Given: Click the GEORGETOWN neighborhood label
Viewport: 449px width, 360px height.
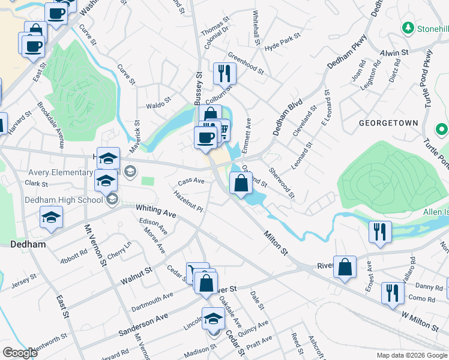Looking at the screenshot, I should tap(388, 122).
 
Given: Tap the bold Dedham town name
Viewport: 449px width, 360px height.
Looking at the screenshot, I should tap(28, 245).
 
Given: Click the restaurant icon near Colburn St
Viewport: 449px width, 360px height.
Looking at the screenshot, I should tap(224, 74).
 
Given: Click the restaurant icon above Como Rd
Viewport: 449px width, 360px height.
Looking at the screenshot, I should tap(393, 293).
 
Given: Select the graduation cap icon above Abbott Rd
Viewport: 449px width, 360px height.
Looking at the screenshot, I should tap(52, 217).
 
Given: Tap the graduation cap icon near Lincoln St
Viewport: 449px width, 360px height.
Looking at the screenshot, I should tap(213, 318).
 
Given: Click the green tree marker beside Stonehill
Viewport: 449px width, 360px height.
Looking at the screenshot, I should tap(408, 28).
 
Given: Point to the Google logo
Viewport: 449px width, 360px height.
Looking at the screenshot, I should tap(20, 353).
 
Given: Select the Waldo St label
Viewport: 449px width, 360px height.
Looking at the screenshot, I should tap(158, 104).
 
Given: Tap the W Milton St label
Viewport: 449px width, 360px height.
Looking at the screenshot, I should tap(420, 320).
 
